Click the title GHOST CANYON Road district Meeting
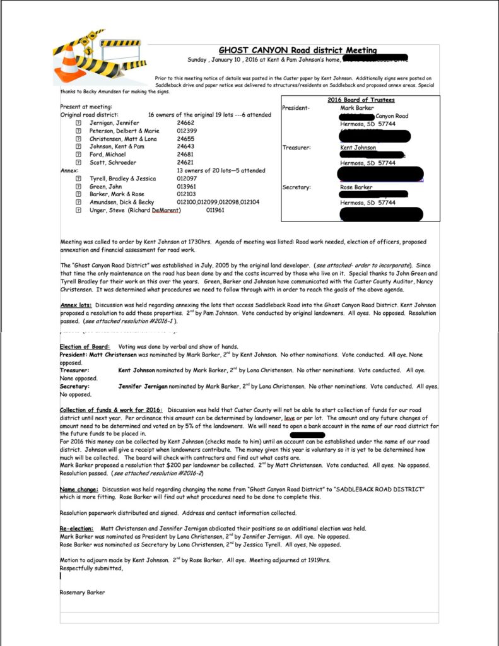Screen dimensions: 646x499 [298, 50]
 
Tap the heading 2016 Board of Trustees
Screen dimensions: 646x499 [360, 100]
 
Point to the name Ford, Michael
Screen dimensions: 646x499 [107, 155]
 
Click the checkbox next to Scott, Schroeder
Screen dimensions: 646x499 [78, 163]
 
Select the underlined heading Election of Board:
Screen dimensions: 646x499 [85, 347]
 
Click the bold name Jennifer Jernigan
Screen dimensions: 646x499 [148, 386]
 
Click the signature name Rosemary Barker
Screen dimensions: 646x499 [82, 592]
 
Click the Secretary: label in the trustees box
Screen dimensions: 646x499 [296, 187]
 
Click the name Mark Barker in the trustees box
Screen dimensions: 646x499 [356, 109]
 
